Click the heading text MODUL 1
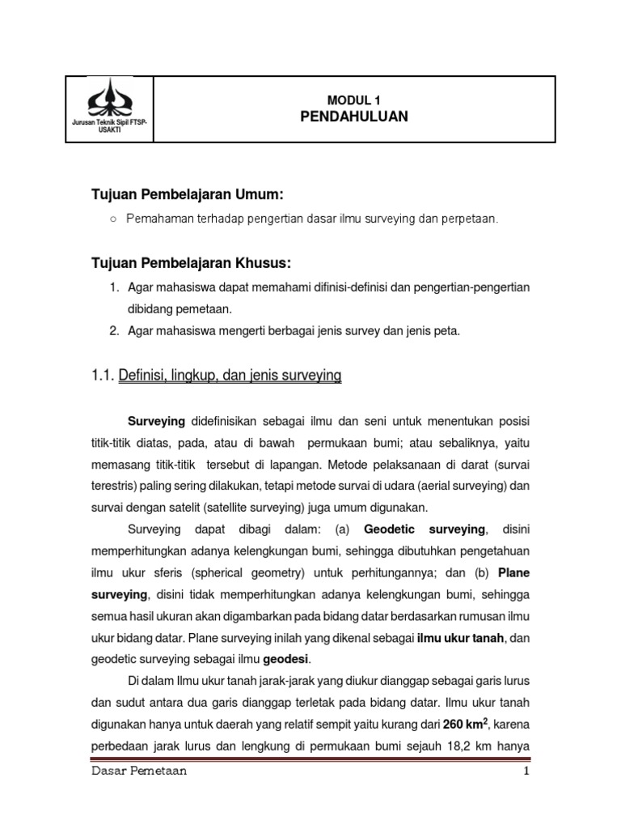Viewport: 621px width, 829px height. click(353, 100)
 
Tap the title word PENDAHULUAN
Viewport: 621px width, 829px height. click(354, 117)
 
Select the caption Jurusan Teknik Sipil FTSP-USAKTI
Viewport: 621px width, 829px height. click(109, 125)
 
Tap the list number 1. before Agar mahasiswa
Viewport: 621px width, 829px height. click(113, 288)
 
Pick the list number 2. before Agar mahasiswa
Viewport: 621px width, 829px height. click(113, 329)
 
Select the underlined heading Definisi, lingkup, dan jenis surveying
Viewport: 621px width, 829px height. click(230, 376)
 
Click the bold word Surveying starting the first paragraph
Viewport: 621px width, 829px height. click(157, 422)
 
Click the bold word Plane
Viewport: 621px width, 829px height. click(514, 572)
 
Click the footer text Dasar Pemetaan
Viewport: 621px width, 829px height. click(138, 772)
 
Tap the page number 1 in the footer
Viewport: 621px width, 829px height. click(526, 772)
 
